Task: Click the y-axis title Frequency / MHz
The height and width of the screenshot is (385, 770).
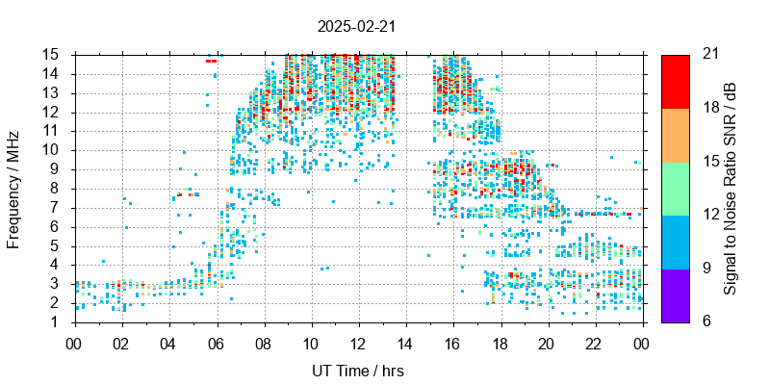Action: (13, 188)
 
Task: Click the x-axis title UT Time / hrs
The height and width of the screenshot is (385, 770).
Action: (358, 371)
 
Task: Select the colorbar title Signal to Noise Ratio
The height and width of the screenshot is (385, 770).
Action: (731, 188)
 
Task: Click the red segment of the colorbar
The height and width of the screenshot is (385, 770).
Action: (675, 81)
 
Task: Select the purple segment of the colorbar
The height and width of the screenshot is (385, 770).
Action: (675, 295)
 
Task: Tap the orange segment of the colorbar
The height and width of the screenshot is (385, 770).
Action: (675, 135)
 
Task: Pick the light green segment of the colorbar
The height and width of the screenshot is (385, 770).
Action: (675, 188)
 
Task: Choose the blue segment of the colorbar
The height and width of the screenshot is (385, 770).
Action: (675, 242)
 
